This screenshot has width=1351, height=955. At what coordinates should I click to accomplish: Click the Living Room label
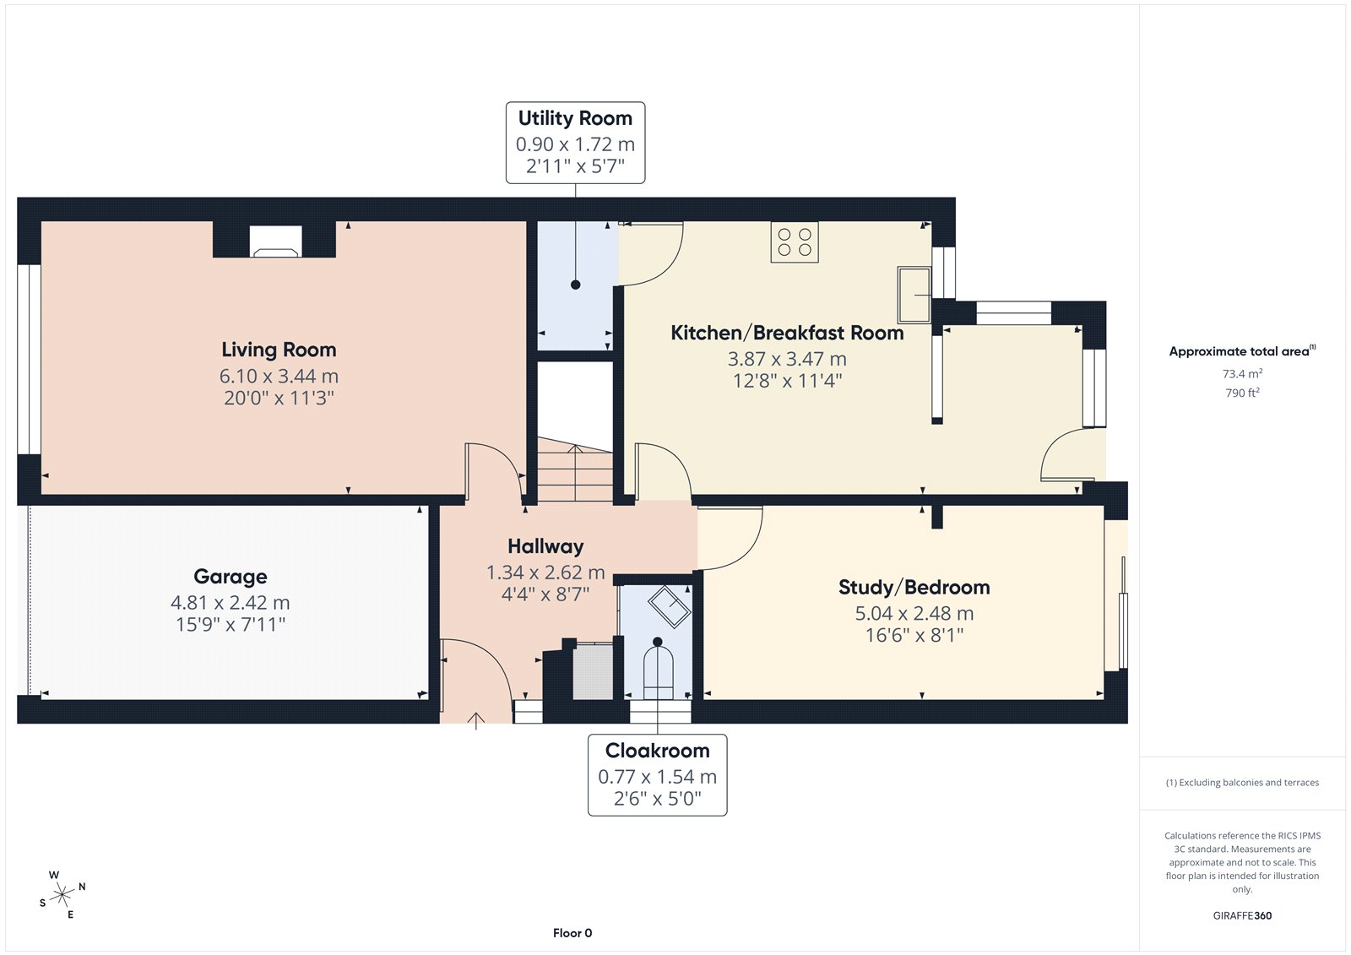(279, 350)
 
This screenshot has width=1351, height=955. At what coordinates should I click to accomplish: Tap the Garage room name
(231, 577)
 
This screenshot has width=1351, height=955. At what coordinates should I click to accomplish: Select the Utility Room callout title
(575, 118)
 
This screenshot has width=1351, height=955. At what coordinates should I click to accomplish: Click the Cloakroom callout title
(658, 751)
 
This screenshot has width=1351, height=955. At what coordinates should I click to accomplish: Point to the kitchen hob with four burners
(795, 242)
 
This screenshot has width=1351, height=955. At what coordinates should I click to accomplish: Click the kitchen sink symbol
(914, 295)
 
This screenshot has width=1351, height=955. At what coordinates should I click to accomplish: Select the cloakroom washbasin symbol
(670, 606)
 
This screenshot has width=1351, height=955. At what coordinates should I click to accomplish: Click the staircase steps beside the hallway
(575, 469)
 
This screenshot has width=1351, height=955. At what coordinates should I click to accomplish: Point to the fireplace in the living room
(275, 241)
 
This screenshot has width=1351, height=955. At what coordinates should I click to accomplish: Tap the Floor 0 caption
(572, 933)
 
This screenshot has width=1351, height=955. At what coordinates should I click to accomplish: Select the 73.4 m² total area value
(1242, 373)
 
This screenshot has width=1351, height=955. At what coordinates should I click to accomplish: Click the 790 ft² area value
(1242, 393)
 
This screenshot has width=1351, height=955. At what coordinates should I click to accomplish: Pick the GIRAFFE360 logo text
(1242, 915)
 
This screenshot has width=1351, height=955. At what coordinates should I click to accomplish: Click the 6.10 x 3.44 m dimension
(279, 377)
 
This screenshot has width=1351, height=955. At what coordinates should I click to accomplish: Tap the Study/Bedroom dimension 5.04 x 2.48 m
(914, 614)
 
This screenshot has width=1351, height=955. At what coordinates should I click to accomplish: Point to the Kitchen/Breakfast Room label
(787, 333)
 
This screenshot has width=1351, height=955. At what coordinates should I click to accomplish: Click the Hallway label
(545, 546)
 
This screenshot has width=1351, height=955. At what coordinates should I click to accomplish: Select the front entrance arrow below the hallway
(476, 722)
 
